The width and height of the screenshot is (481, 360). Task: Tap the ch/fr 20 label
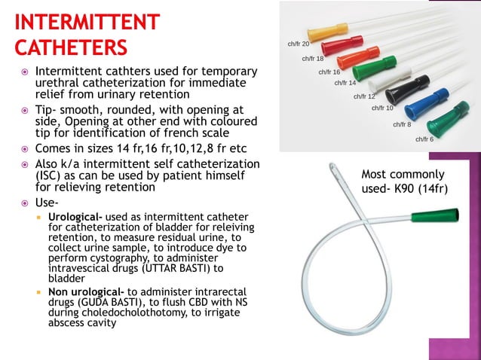[299, 44]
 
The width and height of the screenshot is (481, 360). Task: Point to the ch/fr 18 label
[313, 59]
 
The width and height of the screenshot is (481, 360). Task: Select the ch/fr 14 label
[345, 83]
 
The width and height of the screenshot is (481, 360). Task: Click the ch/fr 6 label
[424, 139]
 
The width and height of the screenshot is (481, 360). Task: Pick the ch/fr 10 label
[382, 108]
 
